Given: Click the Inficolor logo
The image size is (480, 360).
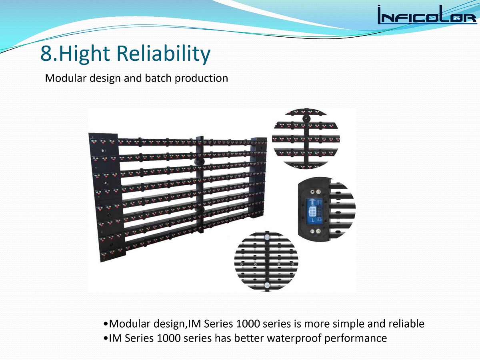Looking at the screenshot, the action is pos(427,15).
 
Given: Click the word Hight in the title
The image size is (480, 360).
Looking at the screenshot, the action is pos(84,54).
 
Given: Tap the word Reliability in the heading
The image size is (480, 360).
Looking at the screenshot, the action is pos(164,54).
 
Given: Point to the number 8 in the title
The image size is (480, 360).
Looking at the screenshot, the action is pos(47,54).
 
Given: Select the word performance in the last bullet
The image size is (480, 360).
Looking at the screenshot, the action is pos(356,338).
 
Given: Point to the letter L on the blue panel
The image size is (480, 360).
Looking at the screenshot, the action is pos(313,220).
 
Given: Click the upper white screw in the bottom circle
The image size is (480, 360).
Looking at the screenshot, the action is pos(267,237).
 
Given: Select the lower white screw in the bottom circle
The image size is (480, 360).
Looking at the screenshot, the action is pos(267,285).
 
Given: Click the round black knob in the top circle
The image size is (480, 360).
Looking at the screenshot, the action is pos(306,119).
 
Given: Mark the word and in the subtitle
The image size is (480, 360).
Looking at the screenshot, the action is pos(133,78).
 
